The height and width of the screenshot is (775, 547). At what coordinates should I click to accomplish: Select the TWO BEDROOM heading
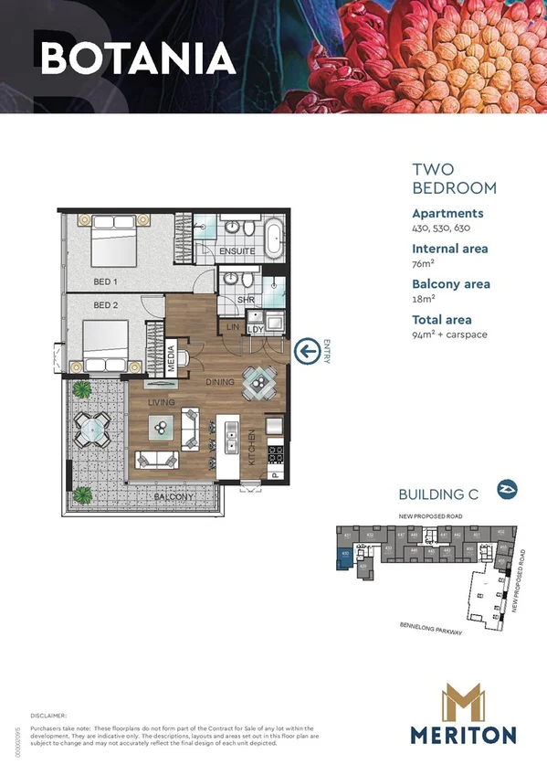click(x=454, y=179)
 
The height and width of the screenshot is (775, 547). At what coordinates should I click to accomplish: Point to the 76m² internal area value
click(x=423, y=263)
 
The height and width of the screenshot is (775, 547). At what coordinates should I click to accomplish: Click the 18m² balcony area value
click(x=423, y=298)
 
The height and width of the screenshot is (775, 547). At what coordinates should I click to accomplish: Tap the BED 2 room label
click(x=106, y=305)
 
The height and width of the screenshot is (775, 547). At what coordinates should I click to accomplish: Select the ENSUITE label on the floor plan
click(x=237, y=250)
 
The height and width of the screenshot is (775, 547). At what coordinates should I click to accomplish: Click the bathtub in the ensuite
click(x=273, y=236)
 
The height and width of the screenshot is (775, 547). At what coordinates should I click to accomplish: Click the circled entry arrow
click(x=308, y=349)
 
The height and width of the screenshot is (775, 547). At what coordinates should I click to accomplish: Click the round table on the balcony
click(x=92, y=426)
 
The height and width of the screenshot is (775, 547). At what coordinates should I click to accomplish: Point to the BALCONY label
click(x=173, y=498)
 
